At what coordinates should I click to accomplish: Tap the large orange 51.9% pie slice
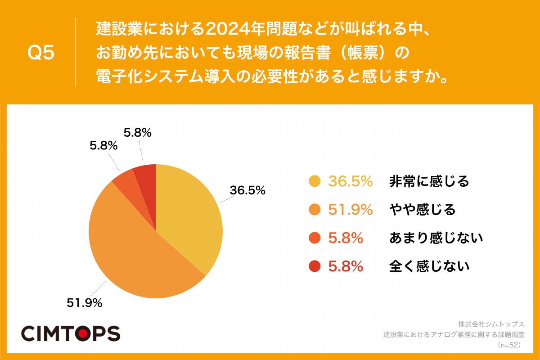click(x=135, y=252)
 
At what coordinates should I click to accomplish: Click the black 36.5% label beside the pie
click(x=247, y=190)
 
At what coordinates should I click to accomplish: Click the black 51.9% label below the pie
click(x=85, y=303)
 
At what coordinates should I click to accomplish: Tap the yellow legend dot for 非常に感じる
click(x=315, y=181)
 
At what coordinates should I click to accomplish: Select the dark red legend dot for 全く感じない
click(x=315, y=266)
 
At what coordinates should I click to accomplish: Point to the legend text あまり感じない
click(x=436, y=238)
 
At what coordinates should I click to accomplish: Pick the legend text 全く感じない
click(x=429, y=266)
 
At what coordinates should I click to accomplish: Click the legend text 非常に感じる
click(x=429, y=181)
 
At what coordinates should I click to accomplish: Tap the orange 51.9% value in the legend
click(x=350, y=210)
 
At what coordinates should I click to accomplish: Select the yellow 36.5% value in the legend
click(x=350, y=181)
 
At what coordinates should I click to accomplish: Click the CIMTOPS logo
click(x=71, y=333)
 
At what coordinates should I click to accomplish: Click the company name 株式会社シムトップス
click(x=491, y=324)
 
